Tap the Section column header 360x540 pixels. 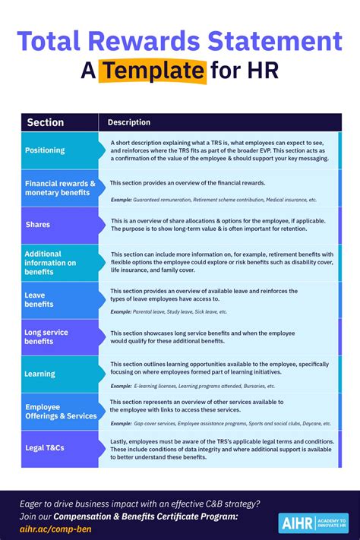[x=46, y=122]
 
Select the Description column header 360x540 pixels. [x=129, y=122]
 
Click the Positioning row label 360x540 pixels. [x=45, y=150]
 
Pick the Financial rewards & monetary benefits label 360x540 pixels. [x=60, y=188]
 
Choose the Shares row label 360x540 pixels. [x=38, y=225]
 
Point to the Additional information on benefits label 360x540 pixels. [x=50, y=263]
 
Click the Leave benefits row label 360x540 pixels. [x=39, y=299]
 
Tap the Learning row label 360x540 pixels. [x=39, y=374]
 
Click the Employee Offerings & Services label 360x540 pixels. [x=61, y=411]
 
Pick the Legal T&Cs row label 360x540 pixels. [x=45, y=448]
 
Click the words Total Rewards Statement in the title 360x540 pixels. [x=179, y=41]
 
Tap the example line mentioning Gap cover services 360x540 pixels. [x=220, y=423]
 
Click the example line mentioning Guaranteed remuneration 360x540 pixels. [x=213, y=200]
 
